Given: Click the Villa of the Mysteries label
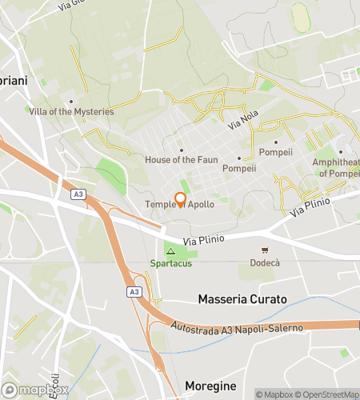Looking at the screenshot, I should point(71,111).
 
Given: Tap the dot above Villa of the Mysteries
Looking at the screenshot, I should point(71,102).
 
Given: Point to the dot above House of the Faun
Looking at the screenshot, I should point(181,150).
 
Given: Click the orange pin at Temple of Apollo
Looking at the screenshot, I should point(180,200).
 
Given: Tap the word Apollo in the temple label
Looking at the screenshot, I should point(201,204).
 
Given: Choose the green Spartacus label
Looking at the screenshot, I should point(170,263).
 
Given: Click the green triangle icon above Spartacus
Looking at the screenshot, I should point(170,251).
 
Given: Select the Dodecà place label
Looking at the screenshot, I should point(265,262).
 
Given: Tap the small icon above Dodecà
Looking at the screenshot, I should point(265,250).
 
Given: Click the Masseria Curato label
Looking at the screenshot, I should point(242,300).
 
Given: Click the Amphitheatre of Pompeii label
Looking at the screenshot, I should point(336,167).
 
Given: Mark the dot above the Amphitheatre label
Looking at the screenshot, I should point(340,152).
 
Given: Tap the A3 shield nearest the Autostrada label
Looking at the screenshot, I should point(133,292).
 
